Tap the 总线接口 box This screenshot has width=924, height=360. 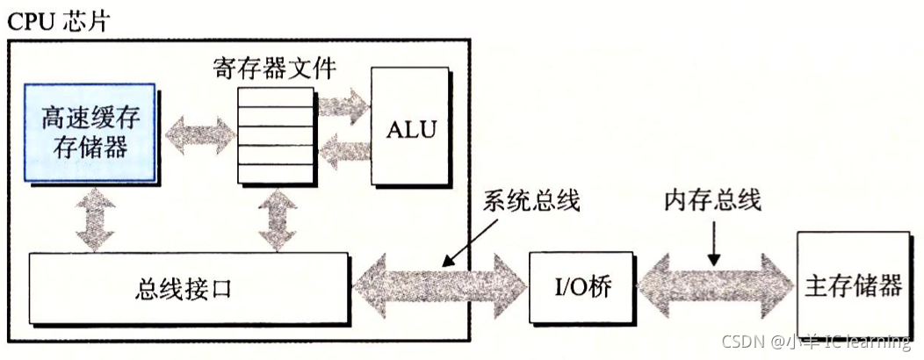click(x=185, y=287)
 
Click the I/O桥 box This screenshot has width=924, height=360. click(x=581, y=287)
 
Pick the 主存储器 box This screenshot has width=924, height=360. click(x=852, y=287)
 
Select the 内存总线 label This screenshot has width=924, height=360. click(x=712, y=200)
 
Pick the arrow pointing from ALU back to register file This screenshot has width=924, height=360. click(x=343, y=155)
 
